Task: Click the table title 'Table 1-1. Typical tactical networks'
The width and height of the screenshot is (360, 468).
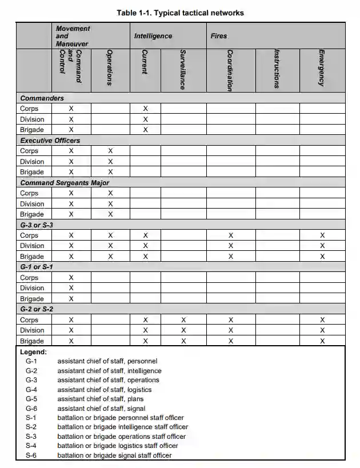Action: point(180,13)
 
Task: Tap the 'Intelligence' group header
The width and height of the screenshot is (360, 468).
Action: point(153,36)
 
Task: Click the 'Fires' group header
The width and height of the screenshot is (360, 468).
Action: point(218,36)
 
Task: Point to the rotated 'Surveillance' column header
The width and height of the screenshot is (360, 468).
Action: point(183,70)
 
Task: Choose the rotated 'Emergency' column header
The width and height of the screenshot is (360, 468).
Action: point(322,68)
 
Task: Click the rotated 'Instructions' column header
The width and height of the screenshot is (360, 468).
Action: point(277,69)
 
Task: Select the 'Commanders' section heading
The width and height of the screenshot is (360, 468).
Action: point(42,98)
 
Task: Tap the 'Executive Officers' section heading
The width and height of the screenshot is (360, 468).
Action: point(50,141)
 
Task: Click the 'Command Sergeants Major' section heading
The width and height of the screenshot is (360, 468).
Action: point(65,183)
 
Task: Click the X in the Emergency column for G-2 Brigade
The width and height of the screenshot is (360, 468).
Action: point(322,341)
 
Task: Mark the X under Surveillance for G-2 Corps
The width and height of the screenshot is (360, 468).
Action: point(183,320)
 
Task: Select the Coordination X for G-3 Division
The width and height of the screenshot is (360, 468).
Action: point(231,246)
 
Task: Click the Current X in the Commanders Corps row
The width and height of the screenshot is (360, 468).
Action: point(146,109)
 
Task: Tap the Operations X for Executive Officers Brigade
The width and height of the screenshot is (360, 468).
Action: point(110,172)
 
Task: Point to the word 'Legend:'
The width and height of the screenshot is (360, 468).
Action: point(34,353)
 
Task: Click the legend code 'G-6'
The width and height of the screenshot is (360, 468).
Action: point(31,409)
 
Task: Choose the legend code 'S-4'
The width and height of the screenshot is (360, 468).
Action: point(31,446)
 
